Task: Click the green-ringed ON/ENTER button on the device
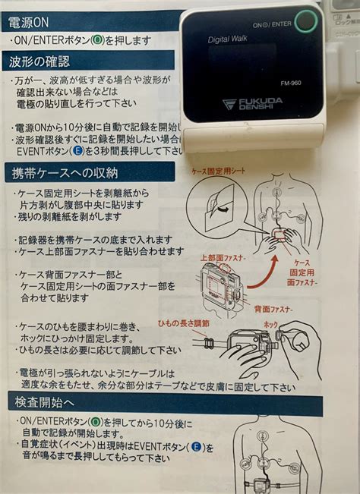[x=305, y=20]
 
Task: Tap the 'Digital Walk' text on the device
[x=230, y=39]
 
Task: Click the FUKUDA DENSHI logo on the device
[x=255, y=104]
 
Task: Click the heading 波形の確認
[x=39, y=61]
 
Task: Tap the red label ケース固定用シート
[x=221, y=172]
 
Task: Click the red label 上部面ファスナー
[x=223, y=258]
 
